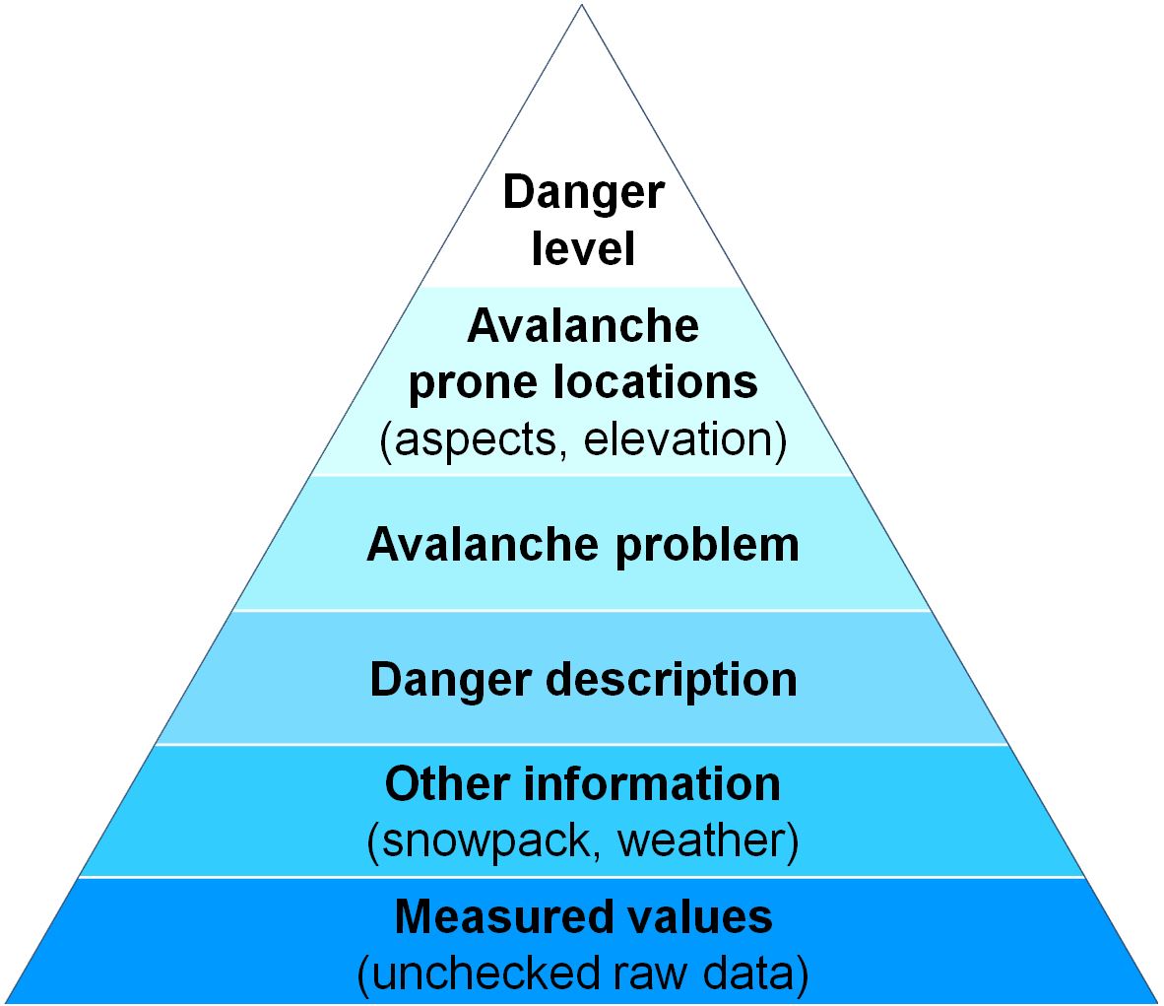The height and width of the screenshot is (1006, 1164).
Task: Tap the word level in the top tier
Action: point(583,247)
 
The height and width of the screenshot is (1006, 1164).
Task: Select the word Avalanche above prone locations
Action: point(583,325)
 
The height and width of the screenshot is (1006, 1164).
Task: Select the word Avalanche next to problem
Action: point(483,544)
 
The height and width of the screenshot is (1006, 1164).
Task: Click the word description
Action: point(672,681)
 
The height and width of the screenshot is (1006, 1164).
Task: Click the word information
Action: point(653,783)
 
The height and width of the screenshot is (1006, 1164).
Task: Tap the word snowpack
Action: point(484,841)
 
